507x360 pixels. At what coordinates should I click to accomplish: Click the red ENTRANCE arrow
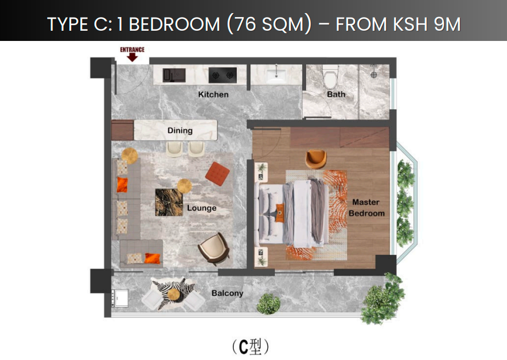[132, 57]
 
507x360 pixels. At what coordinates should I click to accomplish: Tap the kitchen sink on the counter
[174, 75]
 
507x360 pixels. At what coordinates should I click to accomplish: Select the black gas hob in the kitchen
[222, 75]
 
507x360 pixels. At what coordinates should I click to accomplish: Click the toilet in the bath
[330, 77]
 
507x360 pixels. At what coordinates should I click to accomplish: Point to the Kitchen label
[213, 94]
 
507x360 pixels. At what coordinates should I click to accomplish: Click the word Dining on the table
[180, 131]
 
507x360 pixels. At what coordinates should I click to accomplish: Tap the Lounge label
[202, 208]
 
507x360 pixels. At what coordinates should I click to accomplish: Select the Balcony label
[227, 293]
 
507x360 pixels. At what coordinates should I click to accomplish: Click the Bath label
[336, 94]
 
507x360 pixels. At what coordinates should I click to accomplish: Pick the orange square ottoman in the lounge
[217, 174]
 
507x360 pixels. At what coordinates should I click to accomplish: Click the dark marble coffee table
[169, 202]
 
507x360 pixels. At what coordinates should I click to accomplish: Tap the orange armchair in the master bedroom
[316, 159]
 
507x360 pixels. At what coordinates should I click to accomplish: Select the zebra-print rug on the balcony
[173, 293]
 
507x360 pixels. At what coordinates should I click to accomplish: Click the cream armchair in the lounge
[214, 249]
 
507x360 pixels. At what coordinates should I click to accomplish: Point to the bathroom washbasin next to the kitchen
[276, 75]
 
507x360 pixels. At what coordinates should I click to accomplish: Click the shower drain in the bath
[374, 75]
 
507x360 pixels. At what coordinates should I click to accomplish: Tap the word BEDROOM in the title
[174, 24]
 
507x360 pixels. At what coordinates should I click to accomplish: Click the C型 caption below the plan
[250, 347]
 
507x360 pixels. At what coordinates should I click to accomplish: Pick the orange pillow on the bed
[280, 213]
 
